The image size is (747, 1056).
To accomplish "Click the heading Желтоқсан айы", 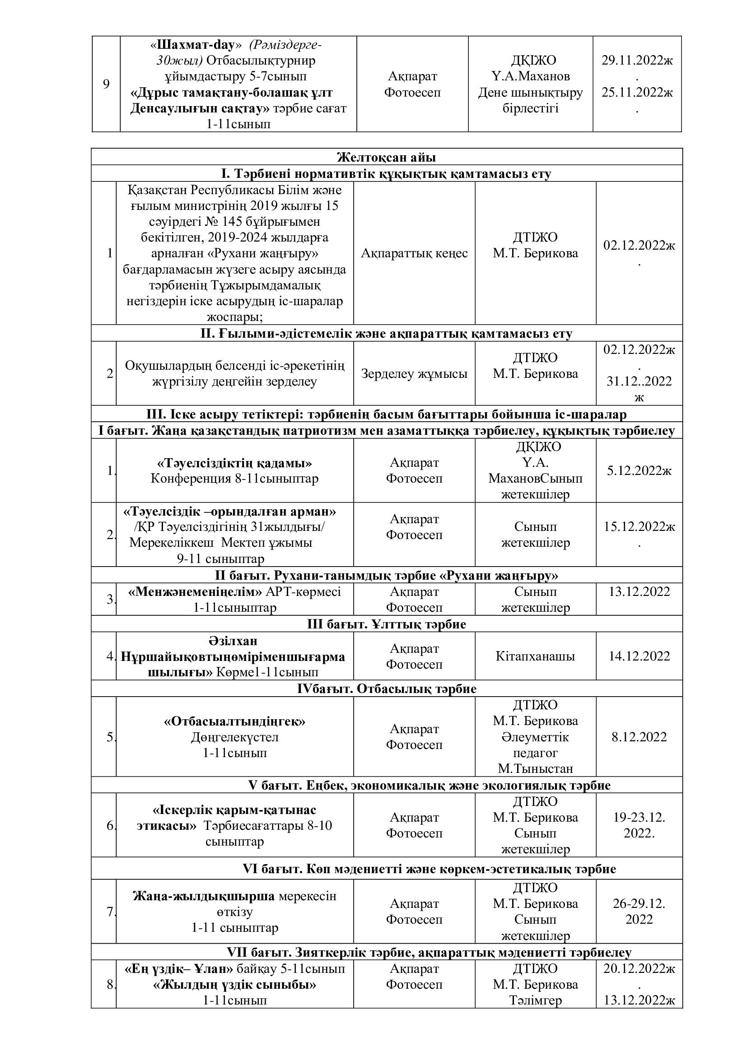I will (387, 157).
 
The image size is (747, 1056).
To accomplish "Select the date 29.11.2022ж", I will (637, 60).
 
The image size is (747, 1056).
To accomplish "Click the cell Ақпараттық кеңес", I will (414, 253).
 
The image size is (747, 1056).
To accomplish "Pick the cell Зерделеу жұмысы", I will (414, 373).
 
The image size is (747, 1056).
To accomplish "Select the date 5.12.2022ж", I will (639, 470).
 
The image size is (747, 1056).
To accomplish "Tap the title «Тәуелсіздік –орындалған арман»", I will (230, 511).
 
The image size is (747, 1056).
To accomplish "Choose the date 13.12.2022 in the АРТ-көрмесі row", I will (639, 591).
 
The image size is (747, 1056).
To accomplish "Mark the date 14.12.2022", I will (639, 656).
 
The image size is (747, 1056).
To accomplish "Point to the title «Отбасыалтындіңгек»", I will (234, 721).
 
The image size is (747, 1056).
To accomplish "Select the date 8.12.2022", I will (639, 737).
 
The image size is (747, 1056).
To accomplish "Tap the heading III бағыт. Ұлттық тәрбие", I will (387, 624).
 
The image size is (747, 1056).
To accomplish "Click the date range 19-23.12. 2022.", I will (639, 825).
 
